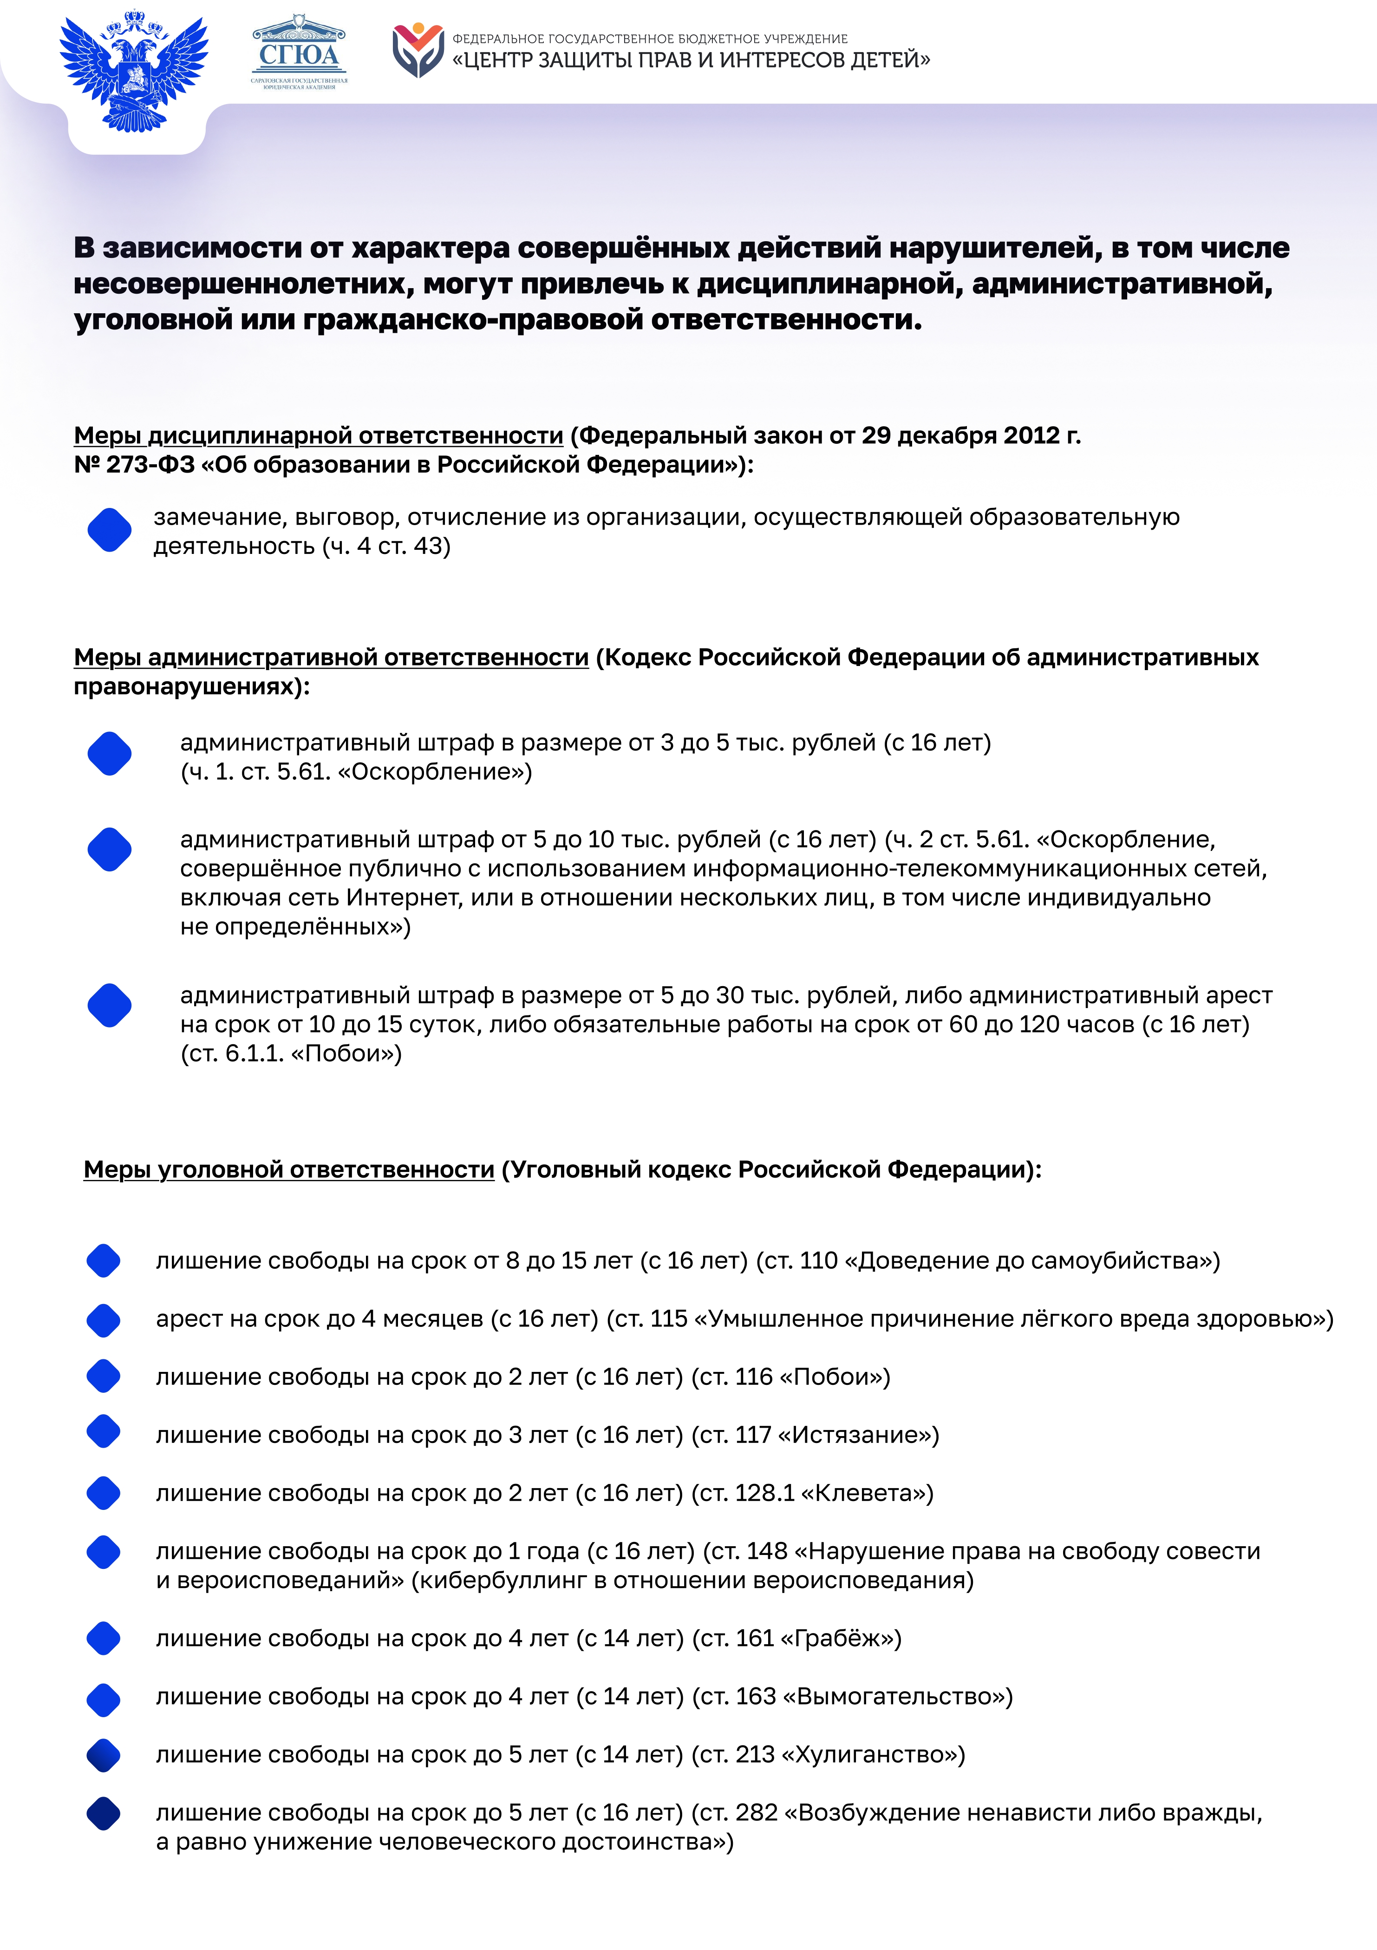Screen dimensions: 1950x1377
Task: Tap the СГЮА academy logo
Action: (299, 53)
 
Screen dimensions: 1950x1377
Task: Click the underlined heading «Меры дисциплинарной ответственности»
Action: (318, 436)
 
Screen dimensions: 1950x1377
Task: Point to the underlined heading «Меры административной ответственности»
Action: (331, 658)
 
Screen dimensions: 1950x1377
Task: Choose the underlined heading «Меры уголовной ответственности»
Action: (289, 1170)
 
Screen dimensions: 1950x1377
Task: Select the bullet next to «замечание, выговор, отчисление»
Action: (110, 530)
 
